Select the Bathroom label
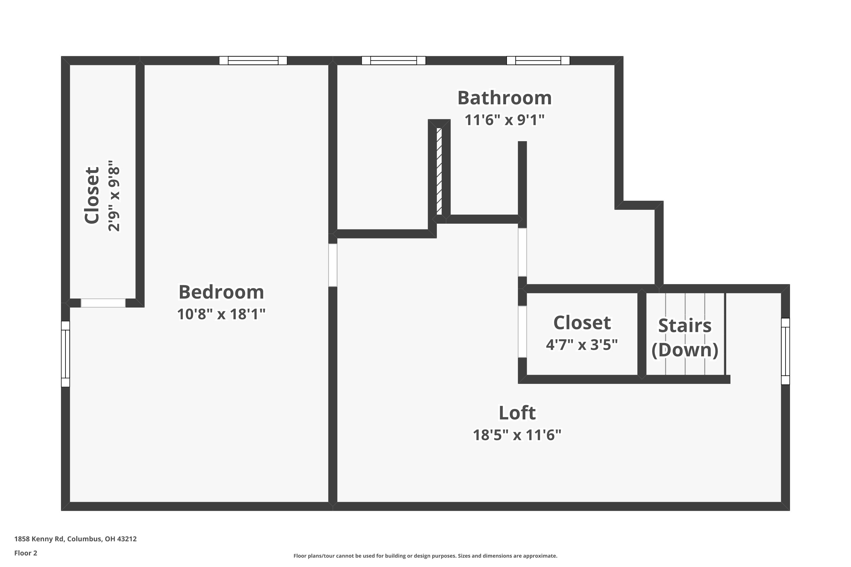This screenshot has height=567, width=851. tap(504, 98)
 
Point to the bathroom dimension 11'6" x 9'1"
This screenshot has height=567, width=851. tap(504, 120)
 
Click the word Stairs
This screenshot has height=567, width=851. tap(684, 325)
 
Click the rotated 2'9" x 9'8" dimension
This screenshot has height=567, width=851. tap(114, 196)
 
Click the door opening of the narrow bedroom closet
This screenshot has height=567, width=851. tap(103, 303)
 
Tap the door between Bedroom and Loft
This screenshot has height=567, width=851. tap(332, 265)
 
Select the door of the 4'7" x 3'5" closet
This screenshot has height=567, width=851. tap(522, 332)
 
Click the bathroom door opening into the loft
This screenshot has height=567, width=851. tap(522, 252)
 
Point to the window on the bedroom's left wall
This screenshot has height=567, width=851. tap(65, 354)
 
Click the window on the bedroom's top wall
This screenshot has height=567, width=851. tap(253, 60)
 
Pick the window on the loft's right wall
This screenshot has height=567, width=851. tap(785, 351)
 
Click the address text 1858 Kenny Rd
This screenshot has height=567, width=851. tap(75, 539)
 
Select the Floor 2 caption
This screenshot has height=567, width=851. tap(26, 553)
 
